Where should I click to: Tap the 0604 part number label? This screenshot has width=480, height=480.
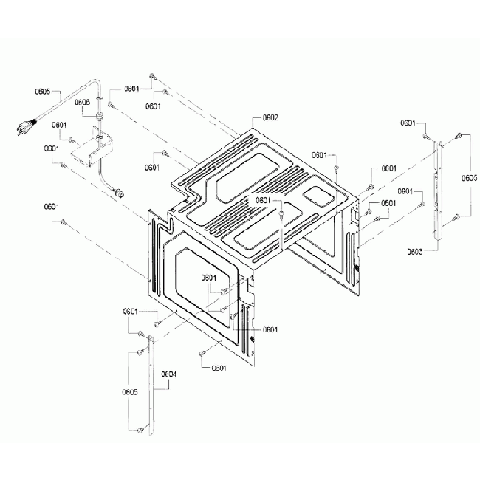(169, 373)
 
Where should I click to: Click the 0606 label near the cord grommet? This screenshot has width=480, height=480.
(82, 102)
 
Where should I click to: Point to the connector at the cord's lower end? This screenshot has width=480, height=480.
(115, 193)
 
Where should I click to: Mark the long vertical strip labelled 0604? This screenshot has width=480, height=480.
(152, 384)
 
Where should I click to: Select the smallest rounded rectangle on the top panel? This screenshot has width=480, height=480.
(318, 193)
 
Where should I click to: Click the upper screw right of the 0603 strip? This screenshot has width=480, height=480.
(459, 136)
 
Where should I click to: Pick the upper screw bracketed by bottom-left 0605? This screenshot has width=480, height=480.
(139, 350)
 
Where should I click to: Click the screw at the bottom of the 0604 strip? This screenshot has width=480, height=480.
(140, 430)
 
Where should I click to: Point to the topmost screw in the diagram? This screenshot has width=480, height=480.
(151, 76)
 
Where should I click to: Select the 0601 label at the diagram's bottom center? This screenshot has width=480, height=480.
(219, 367)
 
